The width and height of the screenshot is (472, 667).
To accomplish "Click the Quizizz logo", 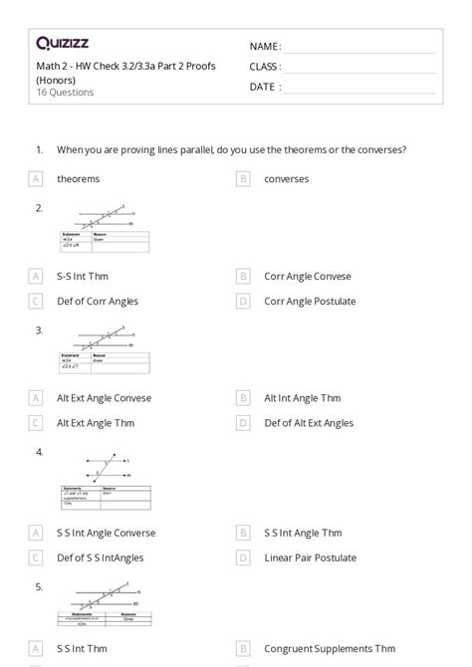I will click(x=62, y=43).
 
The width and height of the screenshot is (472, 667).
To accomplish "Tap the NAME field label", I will click(x=265, y=47).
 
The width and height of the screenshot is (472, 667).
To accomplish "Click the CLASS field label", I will click(x=265, y=67).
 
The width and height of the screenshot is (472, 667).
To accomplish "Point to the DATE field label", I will click(x=264, y=87).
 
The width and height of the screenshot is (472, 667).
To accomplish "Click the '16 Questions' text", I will click(x=65, y=93).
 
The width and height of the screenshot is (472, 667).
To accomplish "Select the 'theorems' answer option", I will click(x=78, y=179).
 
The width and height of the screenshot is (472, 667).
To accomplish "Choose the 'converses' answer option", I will click(x=286, y=179).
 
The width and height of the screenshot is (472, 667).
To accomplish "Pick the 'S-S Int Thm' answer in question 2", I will click(x=83, y=276).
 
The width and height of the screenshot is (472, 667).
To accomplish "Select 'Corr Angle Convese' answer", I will click(x=307, y=276).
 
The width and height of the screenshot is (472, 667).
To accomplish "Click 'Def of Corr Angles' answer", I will click(x=97, y=301).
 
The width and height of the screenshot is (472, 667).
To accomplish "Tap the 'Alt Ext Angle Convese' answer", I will click(x=104, y=397).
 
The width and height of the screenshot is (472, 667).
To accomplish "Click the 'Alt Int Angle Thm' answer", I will click(x=302, y=397).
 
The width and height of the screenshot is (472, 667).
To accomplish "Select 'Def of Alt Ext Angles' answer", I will click(x=308, y=422).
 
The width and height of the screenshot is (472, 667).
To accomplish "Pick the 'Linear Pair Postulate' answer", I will click(x=310, y=557).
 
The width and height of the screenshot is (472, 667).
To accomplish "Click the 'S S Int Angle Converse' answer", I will click(x=106, y=533).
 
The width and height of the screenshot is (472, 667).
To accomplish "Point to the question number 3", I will click(x=39, y=330).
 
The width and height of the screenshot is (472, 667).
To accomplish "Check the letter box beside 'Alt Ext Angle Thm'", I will click(x=36, y=422).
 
